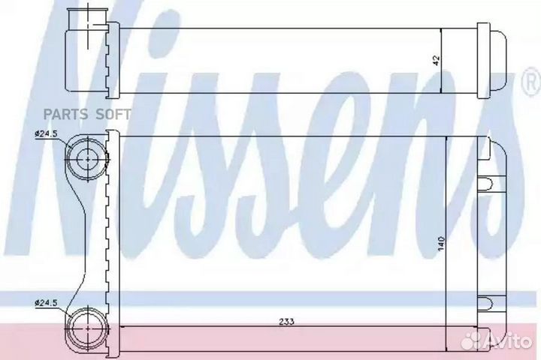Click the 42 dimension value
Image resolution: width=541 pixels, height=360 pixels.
point(437,61)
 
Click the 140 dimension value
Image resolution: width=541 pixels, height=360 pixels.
point(441,244)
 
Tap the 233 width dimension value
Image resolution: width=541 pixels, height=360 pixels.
point(287,322)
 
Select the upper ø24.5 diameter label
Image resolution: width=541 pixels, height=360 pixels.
point(46,134)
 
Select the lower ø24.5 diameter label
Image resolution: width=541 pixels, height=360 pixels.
point(46,303)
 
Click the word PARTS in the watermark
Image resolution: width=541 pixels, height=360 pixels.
point(65,114)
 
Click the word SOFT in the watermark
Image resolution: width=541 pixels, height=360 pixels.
point(113,114)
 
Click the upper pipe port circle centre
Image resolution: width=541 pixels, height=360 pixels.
point(88,159)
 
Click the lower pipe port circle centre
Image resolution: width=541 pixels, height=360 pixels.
point(88,328)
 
